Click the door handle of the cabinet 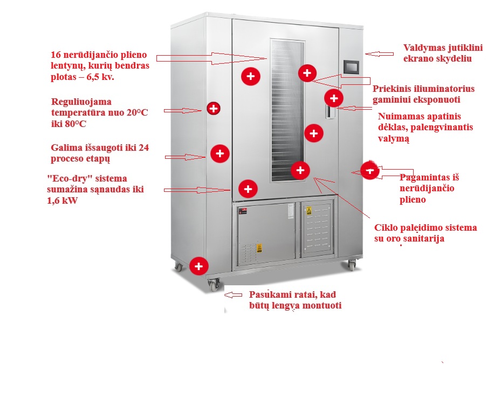pyautogui.click(x=328, y=112)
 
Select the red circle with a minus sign pyautogui.click(x=369, y=170)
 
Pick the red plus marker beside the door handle pyautogui.click(x=334, y=98)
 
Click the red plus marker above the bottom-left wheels pyautogui.click(x=199, y=266)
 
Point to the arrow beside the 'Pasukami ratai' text pyautogui.click(x=234, y=295)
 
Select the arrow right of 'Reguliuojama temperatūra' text pyautogui.click(x=183, y=110)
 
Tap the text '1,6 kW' pyautogui.click(x=63, y=200)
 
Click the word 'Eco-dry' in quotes pyautogui.click(x=68, y=179)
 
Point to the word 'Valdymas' pyautogui.click(x=424, y=48)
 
